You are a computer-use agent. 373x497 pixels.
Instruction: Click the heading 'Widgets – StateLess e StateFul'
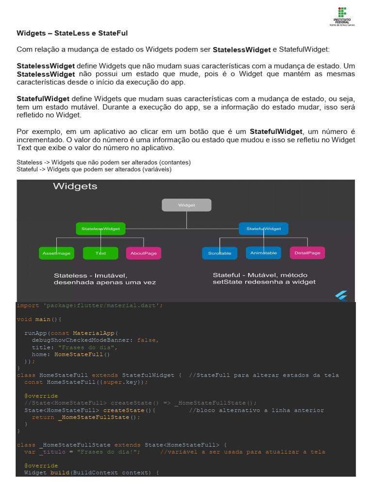(72, 33)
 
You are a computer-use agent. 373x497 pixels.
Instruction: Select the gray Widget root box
(186, 205)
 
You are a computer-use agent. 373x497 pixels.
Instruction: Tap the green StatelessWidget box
(101, 228)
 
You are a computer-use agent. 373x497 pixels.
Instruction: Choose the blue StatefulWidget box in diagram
(264, 228)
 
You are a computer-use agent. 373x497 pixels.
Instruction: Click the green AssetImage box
(56, 253)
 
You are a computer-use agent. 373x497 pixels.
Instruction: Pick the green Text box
(101, 253)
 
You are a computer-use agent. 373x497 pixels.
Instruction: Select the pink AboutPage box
(144, 253)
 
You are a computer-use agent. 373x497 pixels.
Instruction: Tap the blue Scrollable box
(220, 253)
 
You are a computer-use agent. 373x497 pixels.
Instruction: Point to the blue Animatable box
(264, 253)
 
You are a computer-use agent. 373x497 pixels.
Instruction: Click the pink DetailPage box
(307, 253)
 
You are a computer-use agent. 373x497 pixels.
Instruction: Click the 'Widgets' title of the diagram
(75, 186)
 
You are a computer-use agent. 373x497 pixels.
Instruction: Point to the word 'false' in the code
(147, 340)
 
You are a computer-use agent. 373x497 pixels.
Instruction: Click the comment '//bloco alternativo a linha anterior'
(256, 410)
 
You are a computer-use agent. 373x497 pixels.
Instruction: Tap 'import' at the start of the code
(28, 305)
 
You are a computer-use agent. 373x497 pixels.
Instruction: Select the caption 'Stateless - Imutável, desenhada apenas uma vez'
(104, 279)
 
